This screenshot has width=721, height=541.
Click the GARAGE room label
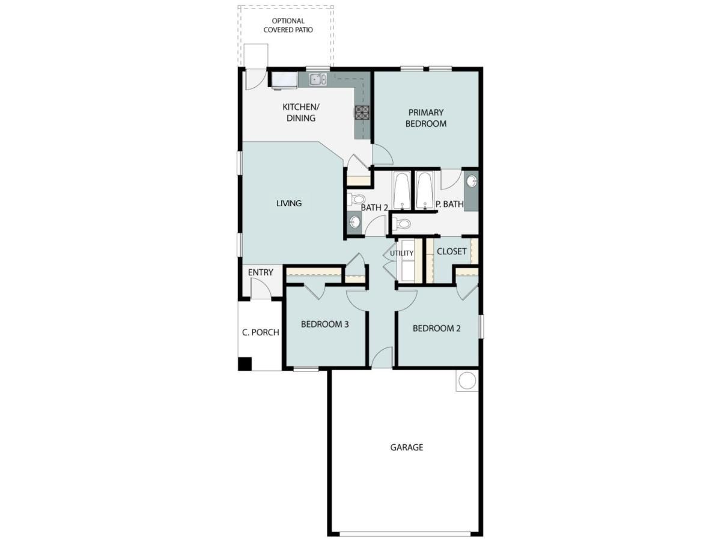[x=407, y=447]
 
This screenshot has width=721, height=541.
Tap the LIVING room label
[x=289, y=203]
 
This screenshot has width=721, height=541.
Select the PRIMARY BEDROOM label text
[x=426, y=118]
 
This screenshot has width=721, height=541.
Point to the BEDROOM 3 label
[x=325, y=324]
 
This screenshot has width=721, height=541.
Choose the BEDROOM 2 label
[x=437, y=328]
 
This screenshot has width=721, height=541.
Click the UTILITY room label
[x=401, y=253]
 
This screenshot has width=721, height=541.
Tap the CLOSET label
[x=452, y=251]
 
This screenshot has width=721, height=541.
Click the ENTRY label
[x=261, y=272]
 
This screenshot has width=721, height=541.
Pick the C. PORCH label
[x=261, y=332]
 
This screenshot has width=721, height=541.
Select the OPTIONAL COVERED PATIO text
[x=288, y=25]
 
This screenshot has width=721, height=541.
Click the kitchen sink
[x=318, y=79]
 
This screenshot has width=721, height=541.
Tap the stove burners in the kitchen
[x=362, y=113]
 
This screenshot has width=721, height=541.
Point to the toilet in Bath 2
[x=357, y=200]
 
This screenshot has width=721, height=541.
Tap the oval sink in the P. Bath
[x=472, y=181]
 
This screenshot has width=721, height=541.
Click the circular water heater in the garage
[x=467, y=380]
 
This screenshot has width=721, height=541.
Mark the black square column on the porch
[x=245, y=364]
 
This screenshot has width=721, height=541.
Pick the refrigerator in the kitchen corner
[x=284, y=80]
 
